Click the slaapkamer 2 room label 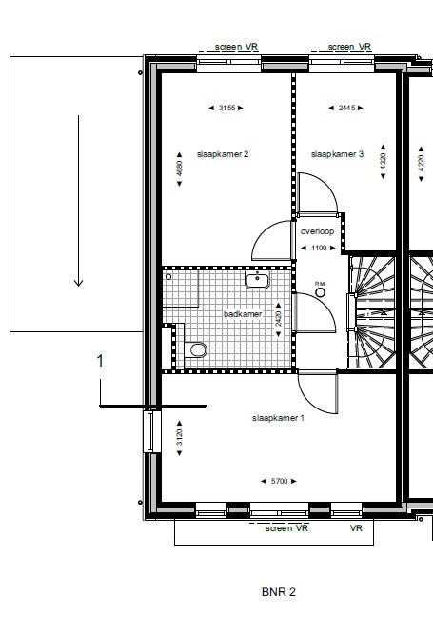[223, 153]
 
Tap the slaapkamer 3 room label [338, 153]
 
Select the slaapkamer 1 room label [278, 418]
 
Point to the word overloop [317, 231]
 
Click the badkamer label [242, 314]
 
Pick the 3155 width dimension [226, 108]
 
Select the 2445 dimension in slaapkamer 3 [346, 108]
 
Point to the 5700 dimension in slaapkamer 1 [278, 481]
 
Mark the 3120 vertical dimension [179, 439]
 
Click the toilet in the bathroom [197, 350]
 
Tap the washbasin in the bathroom [258, 280]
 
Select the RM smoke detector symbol [321, 291]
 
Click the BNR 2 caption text [279, 591]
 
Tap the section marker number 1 [100, 360]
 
